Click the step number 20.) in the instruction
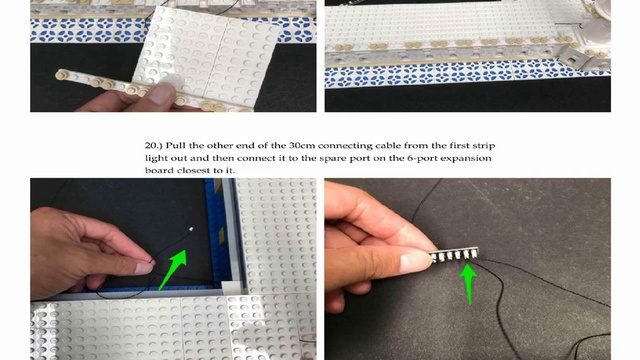point(153,146)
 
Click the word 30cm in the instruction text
point(302,146)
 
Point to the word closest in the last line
point(195,171)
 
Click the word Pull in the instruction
point(175,146)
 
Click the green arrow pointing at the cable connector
point(173,269)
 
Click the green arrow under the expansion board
point(468,282)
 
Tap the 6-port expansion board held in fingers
point(453,255)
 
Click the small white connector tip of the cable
point(191,230)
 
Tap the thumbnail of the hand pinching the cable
point(144,267)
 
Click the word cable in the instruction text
point(388,146)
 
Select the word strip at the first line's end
point(484,146)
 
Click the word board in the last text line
point(160,171)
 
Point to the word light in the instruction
point(156,159)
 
